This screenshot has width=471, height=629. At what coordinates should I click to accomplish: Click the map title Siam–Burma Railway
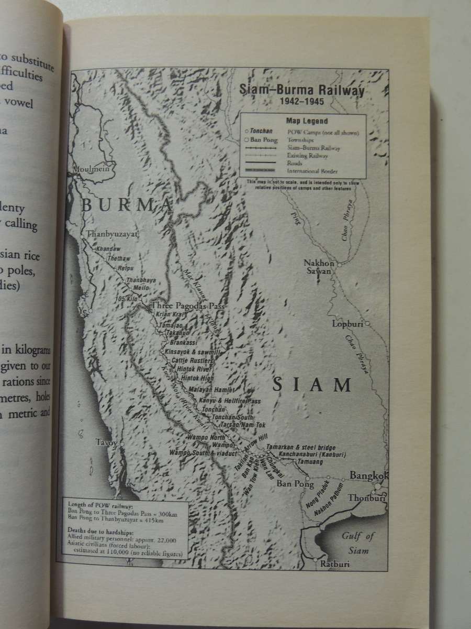tap(301, 89)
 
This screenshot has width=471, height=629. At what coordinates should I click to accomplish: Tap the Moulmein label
tap(90, 170)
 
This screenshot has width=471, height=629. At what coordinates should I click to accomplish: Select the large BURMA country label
tap(127, 205)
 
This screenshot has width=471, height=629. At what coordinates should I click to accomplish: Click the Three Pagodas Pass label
tap(183, 305)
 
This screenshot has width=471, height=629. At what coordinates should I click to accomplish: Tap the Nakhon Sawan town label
tap(319, 267)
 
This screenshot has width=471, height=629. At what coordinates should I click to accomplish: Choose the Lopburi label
tap(347, 324)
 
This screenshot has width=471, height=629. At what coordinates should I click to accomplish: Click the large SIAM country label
tap(312, 386)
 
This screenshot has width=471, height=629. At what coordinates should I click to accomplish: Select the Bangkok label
tap(369, 476)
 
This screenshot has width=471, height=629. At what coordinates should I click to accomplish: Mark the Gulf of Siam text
tap(358, 543)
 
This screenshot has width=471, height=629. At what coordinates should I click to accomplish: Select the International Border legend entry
tap(312, 171)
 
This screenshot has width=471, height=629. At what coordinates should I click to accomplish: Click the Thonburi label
tap(366, 498)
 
